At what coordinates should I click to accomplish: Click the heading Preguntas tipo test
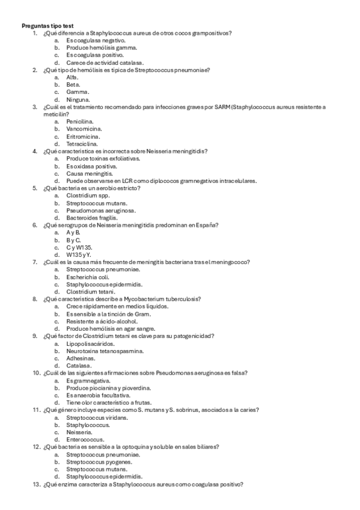tap(48, 26)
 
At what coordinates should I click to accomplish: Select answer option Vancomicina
tap(84, 129)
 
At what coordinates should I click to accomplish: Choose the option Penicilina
tap(81, 121)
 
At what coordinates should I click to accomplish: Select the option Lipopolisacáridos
tap(90, 343)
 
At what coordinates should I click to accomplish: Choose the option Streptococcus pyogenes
tap(99, 462)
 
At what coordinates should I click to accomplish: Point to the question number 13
tap(37, 484)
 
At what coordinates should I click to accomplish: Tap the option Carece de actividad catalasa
tap(105, 63)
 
